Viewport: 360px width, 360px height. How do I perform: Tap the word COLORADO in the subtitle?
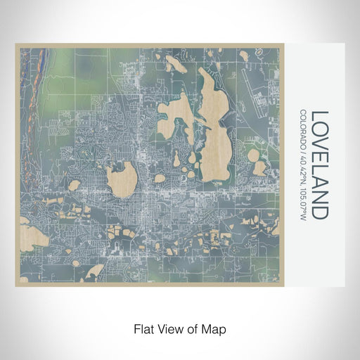303,128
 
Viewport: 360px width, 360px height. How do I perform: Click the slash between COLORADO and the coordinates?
303,149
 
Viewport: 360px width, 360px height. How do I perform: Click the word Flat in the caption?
143,328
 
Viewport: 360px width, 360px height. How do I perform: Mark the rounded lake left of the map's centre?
122,179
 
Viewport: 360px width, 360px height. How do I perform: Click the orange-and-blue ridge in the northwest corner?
32,70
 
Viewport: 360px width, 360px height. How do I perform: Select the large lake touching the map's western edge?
32,236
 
